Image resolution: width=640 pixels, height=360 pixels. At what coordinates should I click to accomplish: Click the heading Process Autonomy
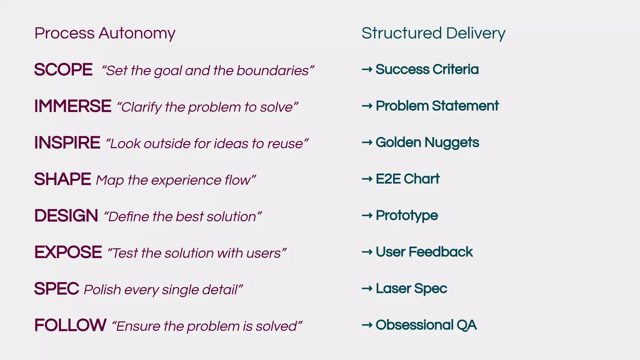click(x=105, y=33)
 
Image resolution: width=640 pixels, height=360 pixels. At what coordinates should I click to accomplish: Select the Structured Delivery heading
click(x=433, y=33)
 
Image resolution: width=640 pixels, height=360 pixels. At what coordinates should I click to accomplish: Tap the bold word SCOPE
click(x=63, y=69)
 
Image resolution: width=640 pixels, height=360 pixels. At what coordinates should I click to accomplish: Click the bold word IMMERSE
click(x=72, y=106)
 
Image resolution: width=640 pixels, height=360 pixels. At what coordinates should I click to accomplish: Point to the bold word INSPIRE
click(x=67, y=142)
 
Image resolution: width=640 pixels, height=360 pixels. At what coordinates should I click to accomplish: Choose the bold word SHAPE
click(x=62, y=179)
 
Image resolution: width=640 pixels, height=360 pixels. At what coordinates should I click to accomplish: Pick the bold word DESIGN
click(x=66, y=216)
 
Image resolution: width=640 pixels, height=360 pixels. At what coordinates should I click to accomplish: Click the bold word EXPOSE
click(x=68, y=252)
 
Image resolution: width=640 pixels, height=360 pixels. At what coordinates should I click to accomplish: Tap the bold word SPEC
click(x=57, y=289)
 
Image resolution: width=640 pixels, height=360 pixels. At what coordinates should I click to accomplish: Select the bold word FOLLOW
click(x=70, y=325)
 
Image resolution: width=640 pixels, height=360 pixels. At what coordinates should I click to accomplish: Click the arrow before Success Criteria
click(x=367, y=69)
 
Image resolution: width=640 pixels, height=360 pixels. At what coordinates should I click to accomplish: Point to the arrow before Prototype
click(x=367, y=215)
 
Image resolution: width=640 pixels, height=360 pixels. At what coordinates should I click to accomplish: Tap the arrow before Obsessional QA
click(x=367, y=325)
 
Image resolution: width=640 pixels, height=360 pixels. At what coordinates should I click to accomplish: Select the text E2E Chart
click(x=407, y=179)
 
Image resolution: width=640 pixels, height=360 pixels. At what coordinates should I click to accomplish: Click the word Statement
click(x=465, y=106)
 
